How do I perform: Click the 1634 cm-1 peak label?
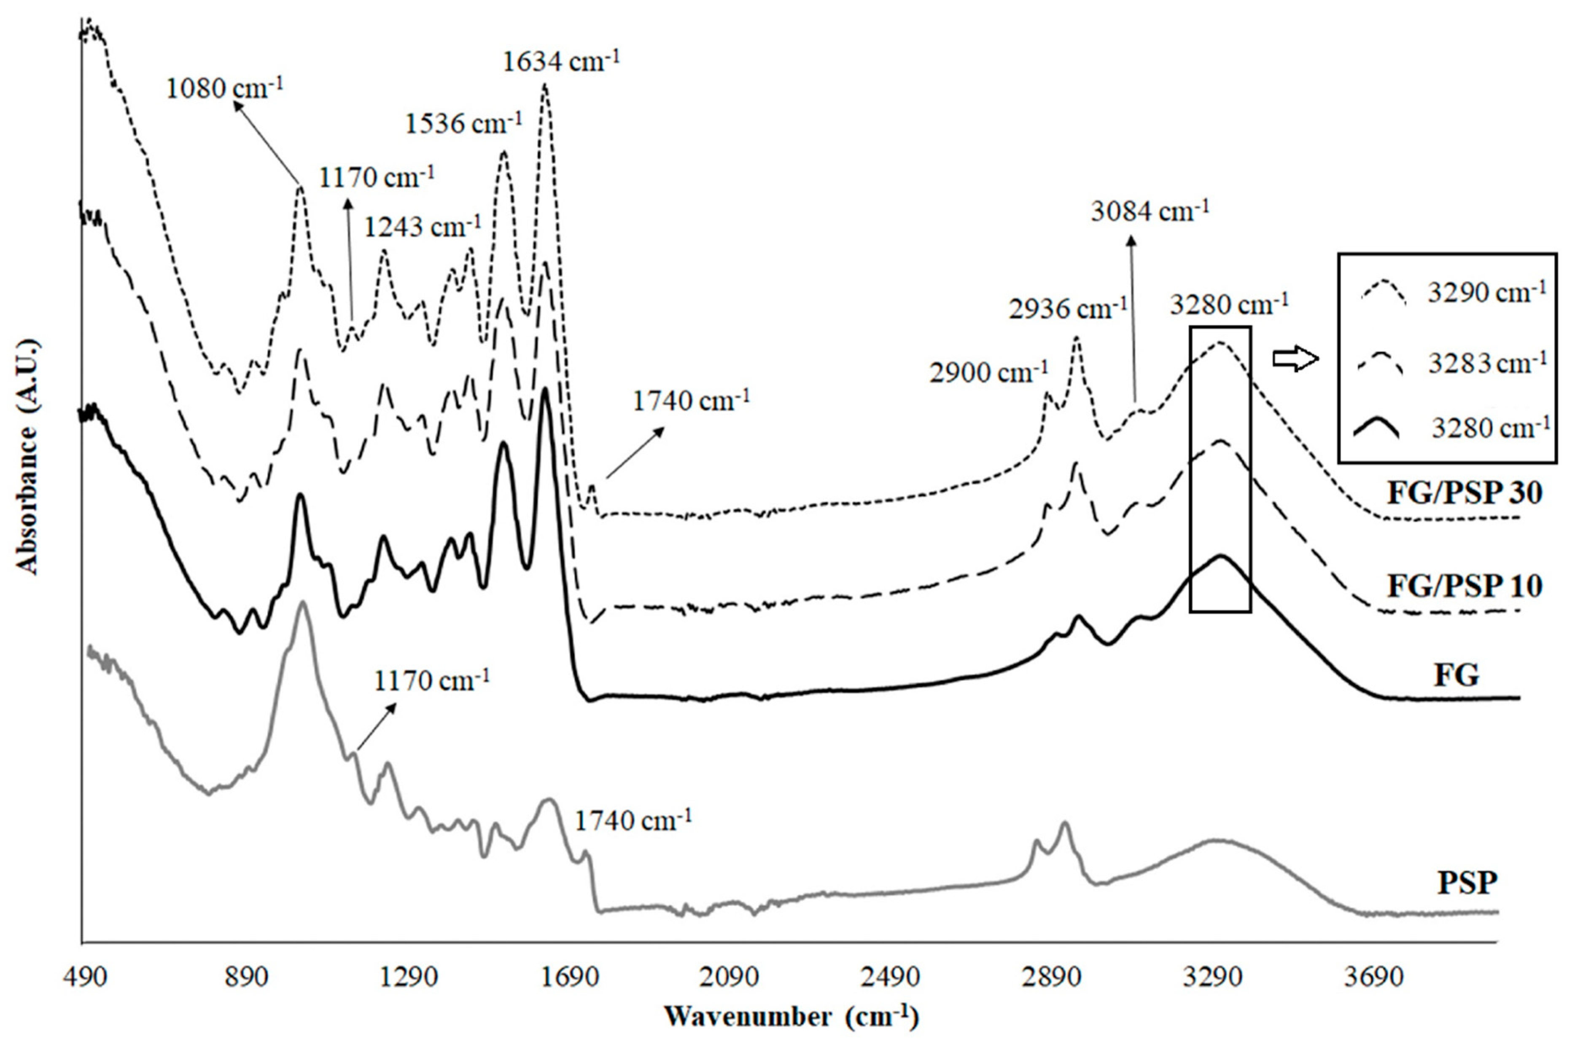pos(561,62)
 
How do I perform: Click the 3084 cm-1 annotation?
pos(1149,211)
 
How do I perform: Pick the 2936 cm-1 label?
pos(1067,309)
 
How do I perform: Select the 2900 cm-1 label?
pos(989,373)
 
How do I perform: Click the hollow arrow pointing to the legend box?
pos(1295,359)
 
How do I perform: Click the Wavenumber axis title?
pos(791,1016)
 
